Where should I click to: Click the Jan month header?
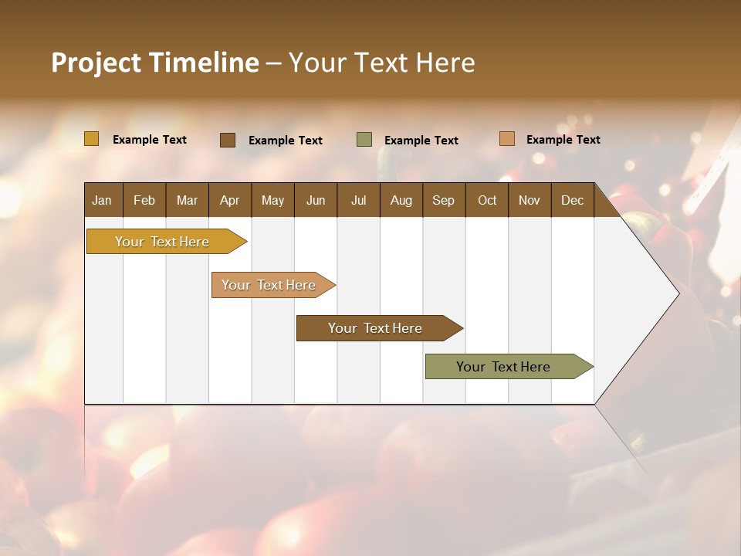[x=103, y=200]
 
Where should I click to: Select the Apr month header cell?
[x=230, y=200]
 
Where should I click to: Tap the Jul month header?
[x=358, y=200]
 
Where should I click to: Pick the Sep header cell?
[x=444, y=200]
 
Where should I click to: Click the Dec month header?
[x=572, y=200]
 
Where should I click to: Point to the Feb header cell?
[x=144, y=200]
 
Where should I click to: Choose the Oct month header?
[x=487, y=200]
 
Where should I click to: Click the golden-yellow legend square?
[x=92, y=139]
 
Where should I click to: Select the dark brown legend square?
[x=228, y=140]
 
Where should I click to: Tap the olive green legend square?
[x=364, y=140]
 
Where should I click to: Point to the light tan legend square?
[x=506, y=139]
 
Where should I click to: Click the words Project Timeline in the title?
[x=155, y=63]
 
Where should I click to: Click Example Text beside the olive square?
[x=421, y=141]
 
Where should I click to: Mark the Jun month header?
[x=316, y=200]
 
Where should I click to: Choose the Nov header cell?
[x=530, y=200]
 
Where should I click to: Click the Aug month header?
[x=401, y=200]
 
